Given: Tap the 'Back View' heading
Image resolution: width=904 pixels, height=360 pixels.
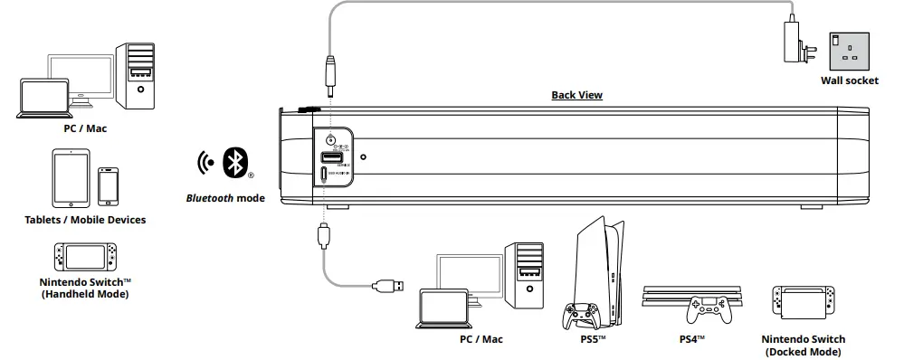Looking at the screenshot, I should [576, 95].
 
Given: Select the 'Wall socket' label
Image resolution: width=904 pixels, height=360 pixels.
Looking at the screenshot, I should [849, 81].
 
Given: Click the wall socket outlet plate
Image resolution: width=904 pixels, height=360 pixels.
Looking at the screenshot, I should [849, 50].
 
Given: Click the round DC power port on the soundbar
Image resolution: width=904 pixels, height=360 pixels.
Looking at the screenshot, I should [330, 140].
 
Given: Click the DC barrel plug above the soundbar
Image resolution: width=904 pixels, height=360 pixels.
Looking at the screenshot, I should [330, 78].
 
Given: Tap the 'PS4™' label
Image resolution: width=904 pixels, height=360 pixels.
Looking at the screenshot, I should [691, 339].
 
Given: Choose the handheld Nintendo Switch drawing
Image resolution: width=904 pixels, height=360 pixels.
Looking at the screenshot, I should [85, 258].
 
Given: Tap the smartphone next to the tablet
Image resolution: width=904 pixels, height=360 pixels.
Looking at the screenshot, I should [109, 185].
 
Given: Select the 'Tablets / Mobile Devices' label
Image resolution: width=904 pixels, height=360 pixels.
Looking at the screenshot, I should [85, 219].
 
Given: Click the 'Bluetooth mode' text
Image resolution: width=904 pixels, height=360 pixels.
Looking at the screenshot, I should [225, 198].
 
